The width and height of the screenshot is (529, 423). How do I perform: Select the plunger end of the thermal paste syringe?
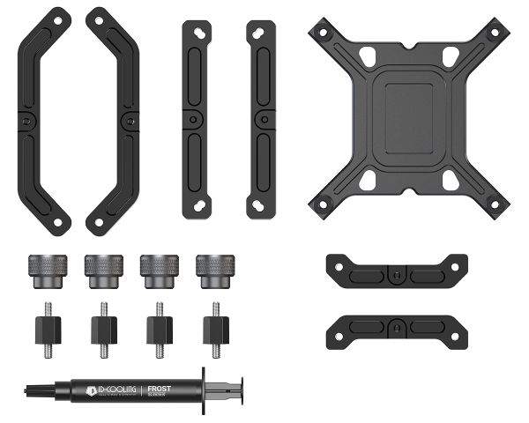232,387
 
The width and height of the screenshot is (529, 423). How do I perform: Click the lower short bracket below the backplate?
396,329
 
